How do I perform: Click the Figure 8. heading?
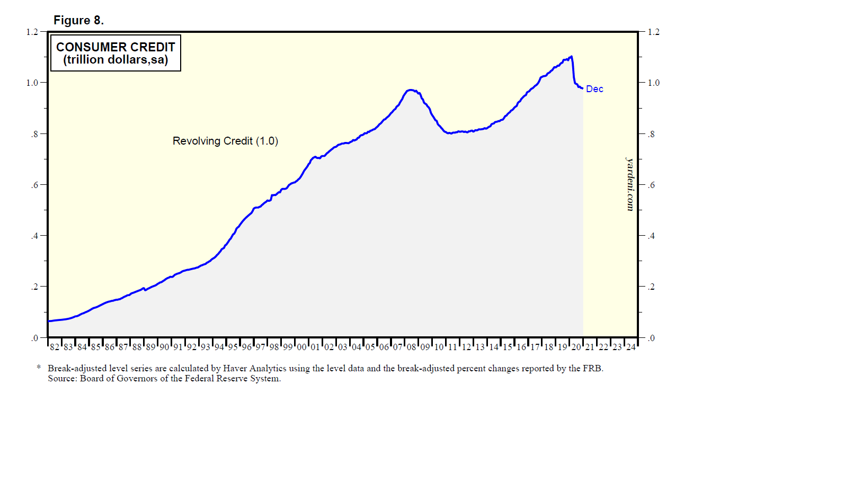coord(78,21)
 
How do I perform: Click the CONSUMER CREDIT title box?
coord(115,53)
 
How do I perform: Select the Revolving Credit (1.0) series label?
coord(225,141)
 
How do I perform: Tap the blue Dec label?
coord(594,89)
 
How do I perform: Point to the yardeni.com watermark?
coord(630,184)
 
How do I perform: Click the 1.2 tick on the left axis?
coord(32,32)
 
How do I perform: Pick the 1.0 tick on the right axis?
coord(654,83)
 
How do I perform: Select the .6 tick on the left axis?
coord(34,185)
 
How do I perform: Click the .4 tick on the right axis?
coord(651,236)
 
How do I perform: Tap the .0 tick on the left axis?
coord(34,338)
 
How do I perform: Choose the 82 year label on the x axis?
coord(55,347)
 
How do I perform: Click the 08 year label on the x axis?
coord(412,347)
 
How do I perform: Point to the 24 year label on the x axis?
coord(631,347)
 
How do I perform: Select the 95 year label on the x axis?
coord(233,347)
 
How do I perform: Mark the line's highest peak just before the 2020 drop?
coord(571,57)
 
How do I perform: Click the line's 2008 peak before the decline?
coord(411,90)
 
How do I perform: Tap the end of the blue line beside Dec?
coord(582,88)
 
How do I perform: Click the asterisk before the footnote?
coord(39,368)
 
